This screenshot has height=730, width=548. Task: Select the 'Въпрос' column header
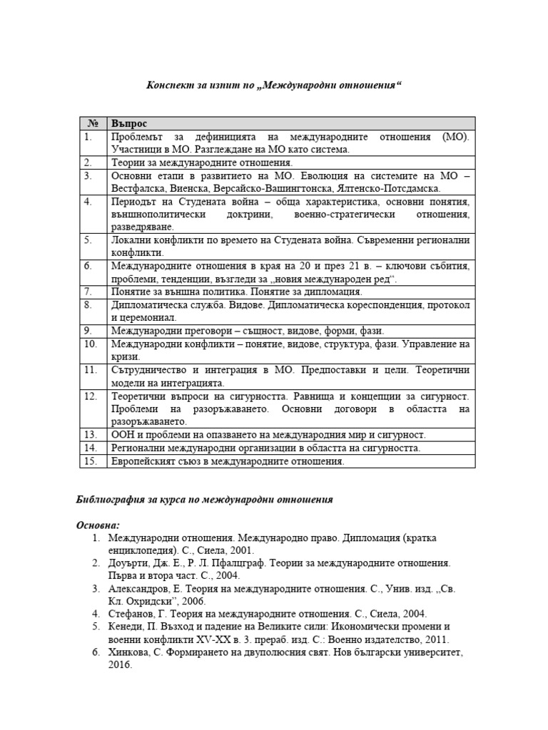click(128, 123)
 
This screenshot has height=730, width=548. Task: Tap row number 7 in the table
click(88, 292)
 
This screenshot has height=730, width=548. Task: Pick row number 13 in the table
click(90, 434)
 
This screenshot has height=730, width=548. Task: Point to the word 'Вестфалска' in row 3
click(137, 188)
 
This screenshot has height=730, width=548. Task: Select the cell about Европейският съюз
click(228, 461)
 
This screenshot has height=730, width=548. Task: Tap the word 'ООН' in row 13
click(122, 434)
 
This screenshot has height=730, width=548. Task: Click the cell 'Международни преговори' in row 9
click(166, 331)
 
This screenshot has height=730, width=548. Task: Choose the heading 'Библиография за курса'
click(204, 500)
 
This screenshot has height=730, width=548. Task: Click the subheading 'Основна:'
click(98, 525)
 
